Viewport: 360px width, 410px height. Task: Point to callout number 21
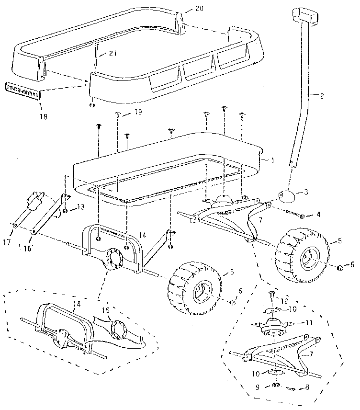click(112, 54)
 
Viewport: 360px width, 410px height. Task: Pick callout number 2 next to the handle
click(322, 96)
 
